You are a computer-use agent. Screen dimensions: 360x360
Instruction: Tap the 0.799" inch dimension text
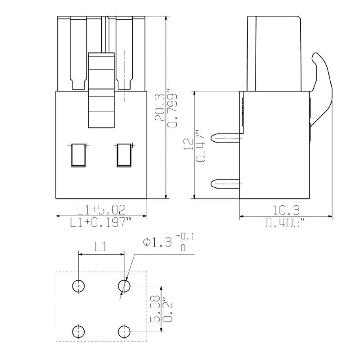click(x=172, y=108)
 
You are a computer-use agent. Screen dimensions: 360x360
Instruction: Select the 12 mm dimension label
click(x=189, y=144)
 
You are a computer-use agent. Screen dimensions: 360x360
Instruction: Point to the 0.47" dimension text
click(x=201, y=145)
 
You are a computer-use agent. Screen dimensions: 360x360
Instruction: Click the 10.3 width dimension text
click(x=286, y=210)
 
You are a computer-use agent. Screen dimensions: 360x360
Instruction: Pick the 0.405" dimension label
click(x=286, y=222)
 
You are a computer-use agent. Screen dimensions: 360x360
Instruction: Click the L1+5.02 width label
click(x=101, y=209)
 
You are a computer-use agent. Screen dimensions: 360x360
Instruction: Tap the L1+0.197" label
click(x=101, y=222)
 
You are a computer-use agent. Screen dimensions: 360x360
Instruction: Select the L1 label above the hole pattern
click(x=100, y=246)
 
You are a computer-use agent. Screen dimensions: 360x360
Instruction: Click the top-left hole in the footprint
click(x=78, y=285)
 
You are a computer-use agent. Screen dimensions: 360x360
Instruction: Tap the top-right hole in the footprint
click(x=124, y=285)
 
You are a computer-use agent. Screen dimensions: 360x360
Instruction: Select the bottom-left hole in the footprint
click(x=78, y=331)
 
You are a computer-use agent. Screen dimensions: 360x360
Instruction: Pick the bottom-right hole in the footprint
click(x=124, y=331)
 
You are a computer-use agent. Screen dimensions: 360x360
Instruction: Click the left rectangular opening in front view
click(x=78, y=155)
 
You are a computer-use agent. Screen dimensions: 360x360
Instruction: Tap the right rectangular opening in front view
click(x=124, y=155)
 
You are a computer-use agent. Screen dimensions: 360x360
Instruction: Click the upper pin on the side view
click(x=227, y=137)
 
